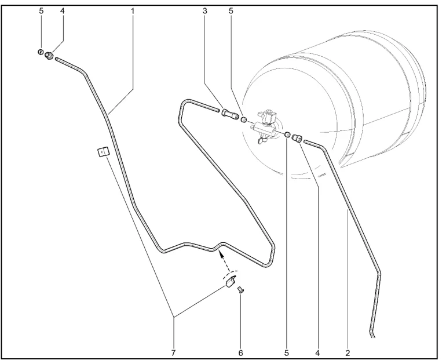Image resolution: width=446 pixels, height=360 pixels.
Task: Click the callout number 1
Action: (133, 11)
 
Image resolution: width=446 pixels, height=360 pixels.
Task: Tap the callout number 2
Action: (348, 353)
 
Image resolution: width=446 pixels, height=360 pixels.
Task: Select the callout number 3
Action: (205, 11)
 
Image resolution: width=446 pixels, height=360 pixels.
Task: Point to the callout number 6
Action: (240, 353)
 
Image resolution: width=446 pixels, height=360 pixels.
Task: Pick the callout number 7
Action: (173, 353)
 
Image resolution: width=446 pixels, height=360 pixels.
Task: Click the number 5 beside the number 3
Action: (231, 11)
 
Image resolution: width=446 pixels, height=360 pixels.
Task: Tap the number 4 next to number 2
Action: (317, 353)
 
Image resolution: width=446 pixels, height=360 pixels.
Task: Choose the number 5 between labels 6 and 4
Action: (287, 353)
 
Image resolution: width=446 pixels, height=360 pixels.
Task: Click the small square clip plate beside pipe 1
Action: (103, 152)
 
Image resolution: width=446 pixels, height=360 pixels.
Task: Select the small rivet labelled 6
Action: (240, 290)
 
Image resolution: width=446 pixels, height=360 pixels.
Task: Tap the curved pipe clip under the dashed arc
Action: (231, 282)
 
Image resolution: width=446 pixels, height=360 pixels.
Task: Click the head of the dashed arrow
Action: (219, 253)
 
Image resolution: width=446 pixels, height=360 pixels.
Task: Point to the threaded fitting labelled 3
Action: (229, 114)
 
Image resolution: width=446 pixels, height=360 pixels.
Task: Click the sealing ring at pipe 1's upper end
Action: (41, 52)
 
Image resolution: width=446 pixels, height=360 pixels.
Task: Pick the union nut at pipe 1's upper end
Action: (49, 54)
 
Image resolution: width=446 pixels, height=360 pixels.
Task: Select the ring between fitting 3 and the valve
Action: (243, 119)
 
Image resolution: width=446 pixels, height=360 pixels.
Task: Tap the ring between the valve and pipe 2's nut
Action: (287, 134)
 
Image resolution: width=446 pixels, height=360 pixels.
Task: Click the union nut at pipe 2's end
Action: (297, 139)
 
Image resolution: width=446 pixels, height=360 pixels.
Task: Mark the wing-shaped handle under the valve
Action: (262, 140)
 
